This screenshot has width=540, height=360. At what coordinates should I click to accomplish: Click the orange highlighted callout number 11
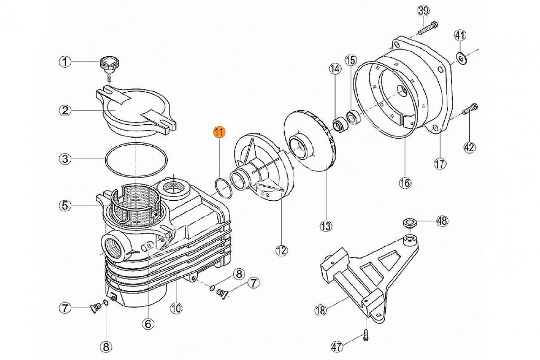(219, 132)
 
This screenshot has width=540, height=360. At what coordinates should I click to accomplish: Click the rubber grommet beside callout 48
(409, 222)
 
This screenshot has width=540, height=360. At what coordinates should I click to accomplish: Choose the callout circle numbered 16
(405, 182)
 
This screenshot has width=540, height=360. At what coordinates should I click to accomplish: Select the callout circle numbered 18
(320, 310)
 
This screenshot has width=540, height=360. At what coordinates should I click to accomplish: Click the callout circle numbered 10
(176, 308)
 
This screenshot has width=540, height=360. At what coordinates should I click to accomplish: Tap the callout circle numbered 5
(66, 206)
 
